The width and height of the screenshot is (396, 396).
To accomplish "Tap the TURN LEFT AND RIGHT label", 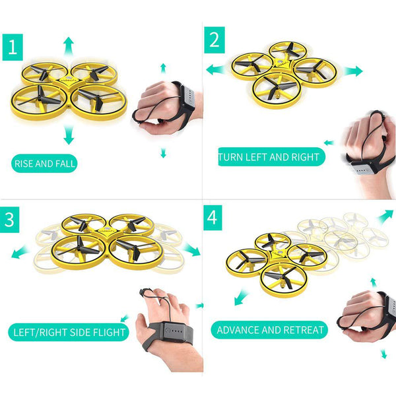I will [x=271, y=157].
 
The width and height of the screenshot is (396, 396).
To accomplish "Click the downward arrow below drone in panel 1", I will [x=68, y=135].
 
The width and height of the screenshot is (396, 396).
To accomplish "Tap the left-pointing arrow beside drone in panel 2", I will [x=215, y=69].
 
